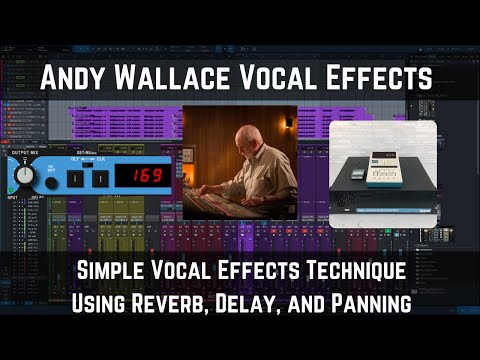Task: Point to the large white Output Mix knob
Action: tap(23, 177)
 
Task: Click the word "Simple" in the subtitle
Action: tap(115, 271)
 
